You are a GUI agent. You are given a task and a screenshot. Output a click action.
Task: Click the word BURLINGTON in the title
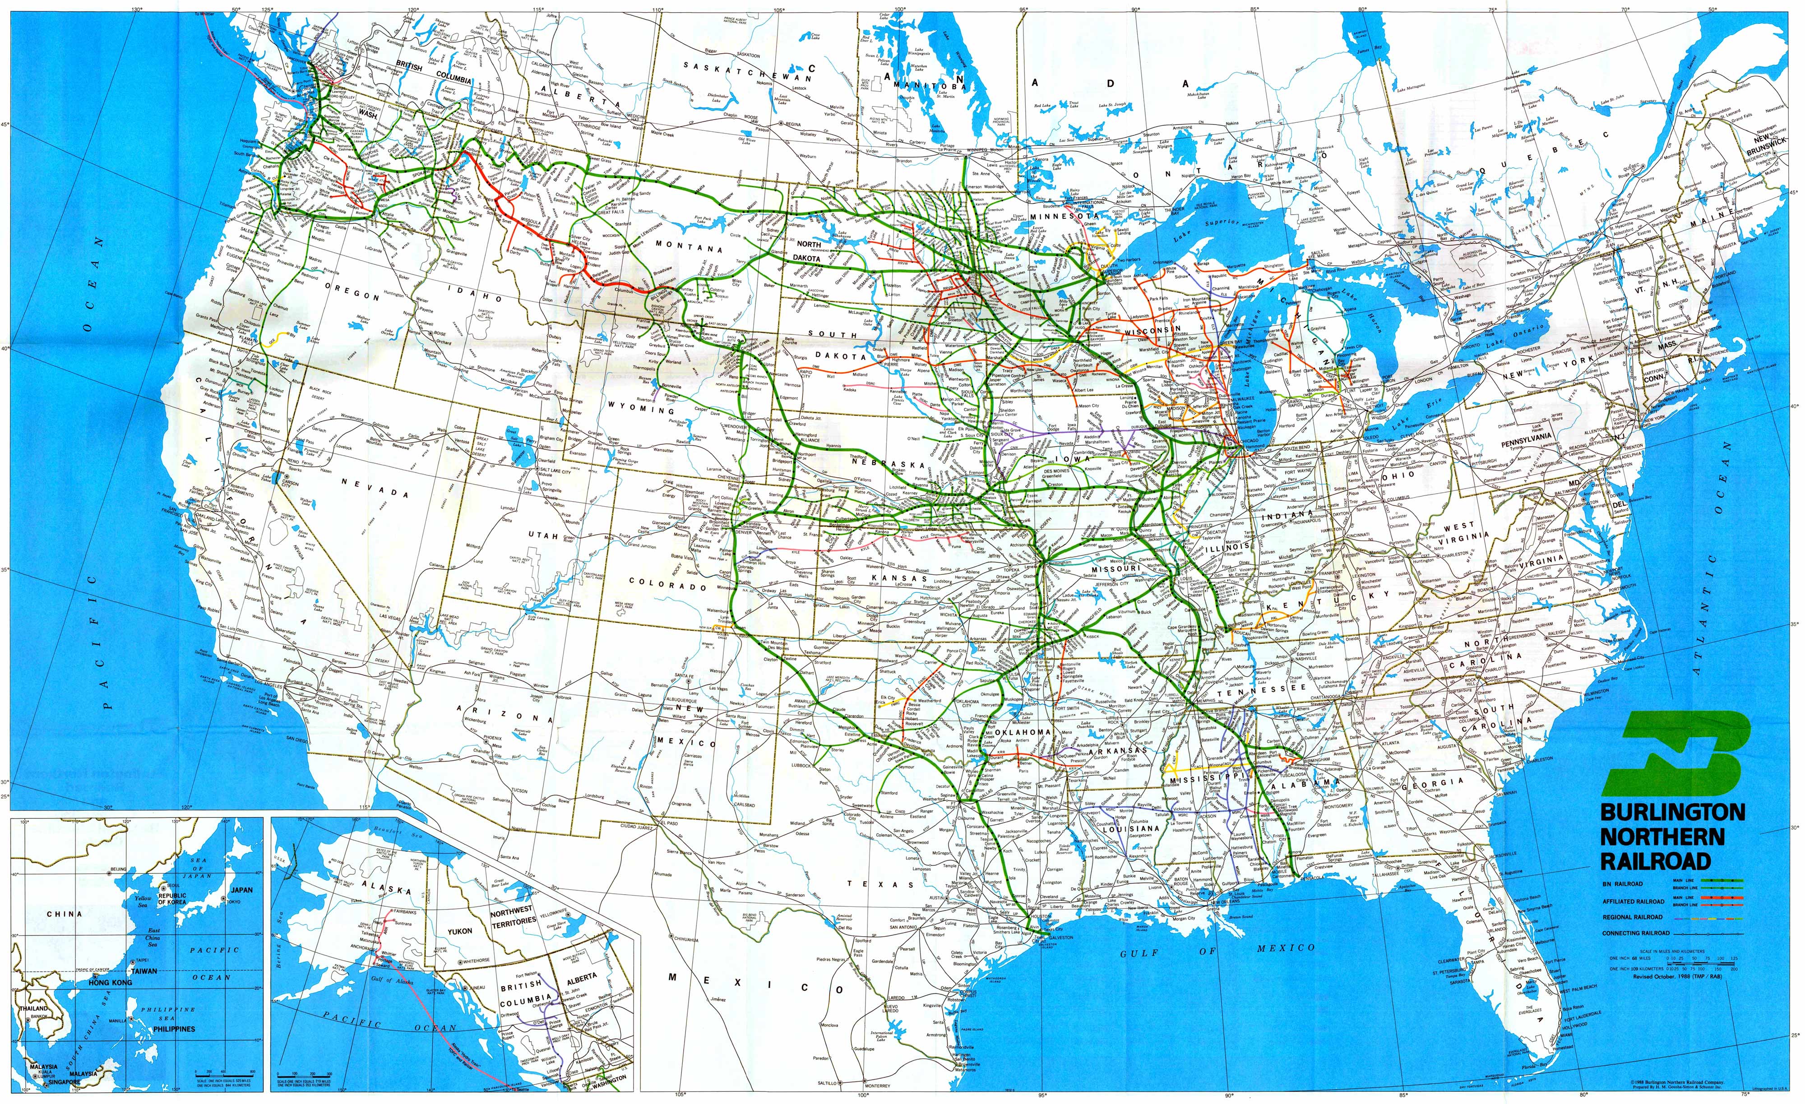pyautogui.click(x=1672, y=813)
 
